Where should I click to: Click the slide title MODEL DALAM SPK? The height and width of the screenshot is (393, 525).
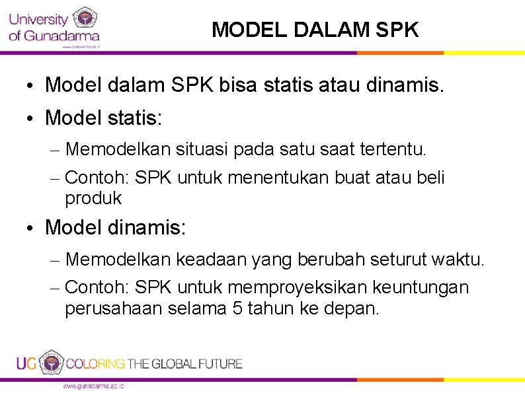pos(315,30)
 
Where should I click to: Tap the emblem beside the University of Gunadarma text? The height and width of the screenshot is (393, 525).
pos(84,18)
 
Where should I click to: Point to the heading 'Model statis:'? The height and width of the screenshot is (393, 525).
pos(106,118)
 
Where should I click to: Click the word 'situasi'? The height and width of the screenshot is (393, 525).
pos(202,150)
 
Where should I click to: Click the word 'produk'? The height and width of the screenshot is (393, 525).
pos(93,197)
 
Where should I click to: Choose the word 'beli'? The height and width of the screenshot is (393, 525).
pos(430,178)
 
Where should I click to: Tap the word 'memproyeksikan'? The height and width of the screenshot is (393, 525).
pos(298,288)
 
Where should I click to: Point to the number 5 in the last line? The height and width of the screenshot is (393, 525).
pos(237,308)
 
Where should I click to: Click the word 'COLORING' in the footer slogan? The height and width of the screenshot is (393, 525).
pos(95,363)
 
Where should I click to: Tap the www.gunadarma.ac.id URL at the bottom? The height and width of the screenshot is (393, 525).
pos(93,386)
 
